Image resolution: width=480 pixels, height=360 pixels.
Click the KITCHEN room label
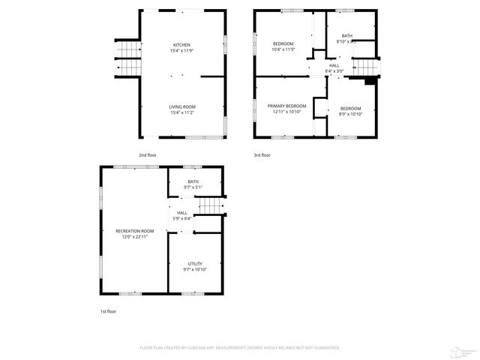[x=182, y=45]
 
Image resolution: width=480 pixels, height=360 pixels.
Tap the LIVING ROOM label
[x=182, y=106]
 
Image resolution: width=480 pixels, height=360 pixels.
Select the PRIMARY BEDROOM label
[x=287, y=106]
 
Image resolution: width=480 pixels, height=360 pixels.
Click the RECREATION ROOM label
[x=135, y=230]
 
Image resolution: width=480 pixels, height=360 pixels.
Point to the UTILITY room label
[x=194, y=263]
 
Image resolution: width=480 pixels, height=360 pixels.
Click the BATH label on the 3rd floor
[x=346, y=35]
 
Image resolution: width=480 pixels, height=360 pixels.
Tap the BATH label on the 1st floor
[x=193, y=181]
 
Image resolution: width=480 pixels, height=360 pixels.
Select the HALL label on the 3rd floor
[x=334, y=65]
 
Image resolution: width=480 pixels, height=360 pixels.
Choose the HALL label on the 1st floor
[x=182, y=212]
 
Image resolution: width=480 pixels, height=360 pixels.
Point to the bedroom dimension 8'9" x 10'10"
[x=350, y=114]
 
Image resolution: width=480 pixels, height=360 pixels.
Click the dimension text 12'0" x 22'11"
[x=135, y=236]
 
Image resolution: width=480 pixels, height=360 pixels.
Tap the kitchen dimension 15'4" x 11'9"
[x=182, y=51]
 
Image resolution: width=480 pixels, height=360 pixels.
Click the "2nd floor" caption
[x=148, y=154]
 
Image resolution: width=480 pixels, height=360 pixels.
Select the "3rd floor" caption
[x=262, y=154]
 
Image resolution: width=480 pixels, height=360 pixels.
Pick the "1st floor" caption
[x=109, y=310]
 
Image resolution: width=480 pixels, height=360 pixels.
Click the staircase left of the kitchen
[x=127, y=57]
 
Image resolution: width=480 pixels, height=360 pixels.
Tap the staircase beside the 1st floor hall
[x=211, y=206]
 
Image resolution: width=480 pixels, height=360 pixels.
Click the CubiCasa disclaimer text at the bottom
[x=240, y=348]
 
